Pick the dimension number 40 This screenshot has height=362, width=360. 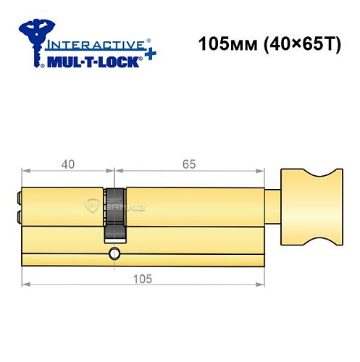point(68,164)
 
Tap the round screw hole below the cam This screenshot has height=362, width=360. point(114,253)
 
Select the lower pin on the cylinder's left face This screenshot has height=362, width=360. point(18,216)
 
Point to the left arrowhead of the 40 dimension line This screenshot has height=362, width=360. point(26,173)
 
